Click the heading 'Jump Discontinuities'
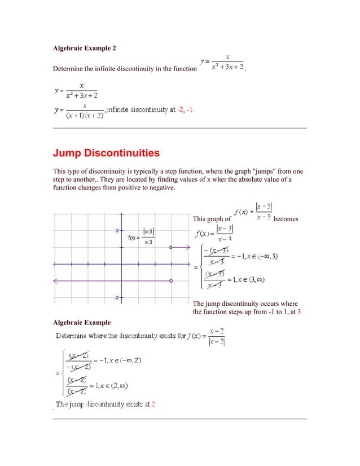tap(106, 153)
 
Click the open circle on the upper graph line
tap(170, 247)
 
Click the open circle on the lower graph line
tap(170, 280)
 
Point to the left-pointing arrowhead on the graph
tap(55, 280)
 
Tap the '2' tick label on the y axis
tap(117, 231)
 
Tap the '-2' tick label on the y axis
tap(116, 297)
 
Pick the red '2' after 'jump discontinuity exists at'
tap(153, 405)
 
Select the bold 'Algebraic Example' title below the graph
tap(81, 323)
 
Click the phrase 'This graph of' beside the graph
tap(212, 219)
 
